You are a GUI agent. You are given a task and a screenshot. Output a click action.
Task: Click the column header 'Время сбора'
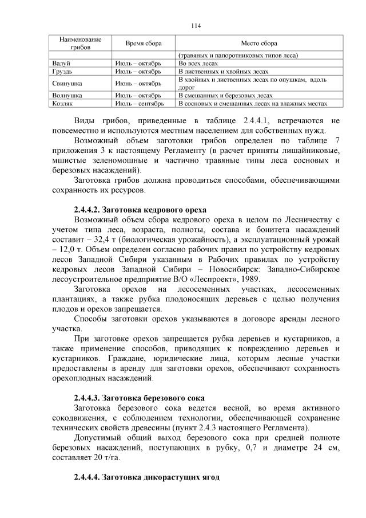pyautogui.click(x=144, y=44)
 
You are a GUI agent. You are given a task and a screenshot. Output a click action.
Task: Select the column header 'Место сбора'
pyautogui.click(x=260, y=44)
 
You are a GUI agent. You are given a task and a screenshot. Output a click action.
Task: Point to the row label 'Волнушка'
pyautogui.click(x=67, y=95)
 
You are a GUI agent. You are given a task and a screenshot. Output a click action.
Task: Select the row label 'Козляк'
pyautogui.click(x=63, y=104)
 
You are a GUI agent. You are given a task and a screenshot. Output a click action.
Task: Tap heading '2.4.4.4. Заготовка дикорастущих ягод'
pyautogui.click(x=146, y=477)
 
